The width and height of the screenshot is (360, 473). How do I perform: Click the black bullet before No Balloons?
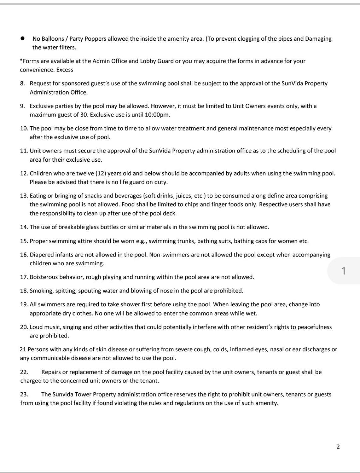23,38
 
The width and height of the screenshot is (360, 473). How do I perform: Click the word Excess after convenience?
65,70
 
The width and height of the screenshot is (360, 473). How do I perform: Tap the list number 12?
24,173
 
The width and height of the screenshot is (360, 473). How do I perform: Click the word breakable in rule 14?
71,227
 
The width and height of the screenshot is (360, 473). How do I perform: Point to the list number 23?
24,394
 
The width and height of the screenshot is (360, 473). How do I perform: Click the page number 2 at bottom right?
338,447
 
